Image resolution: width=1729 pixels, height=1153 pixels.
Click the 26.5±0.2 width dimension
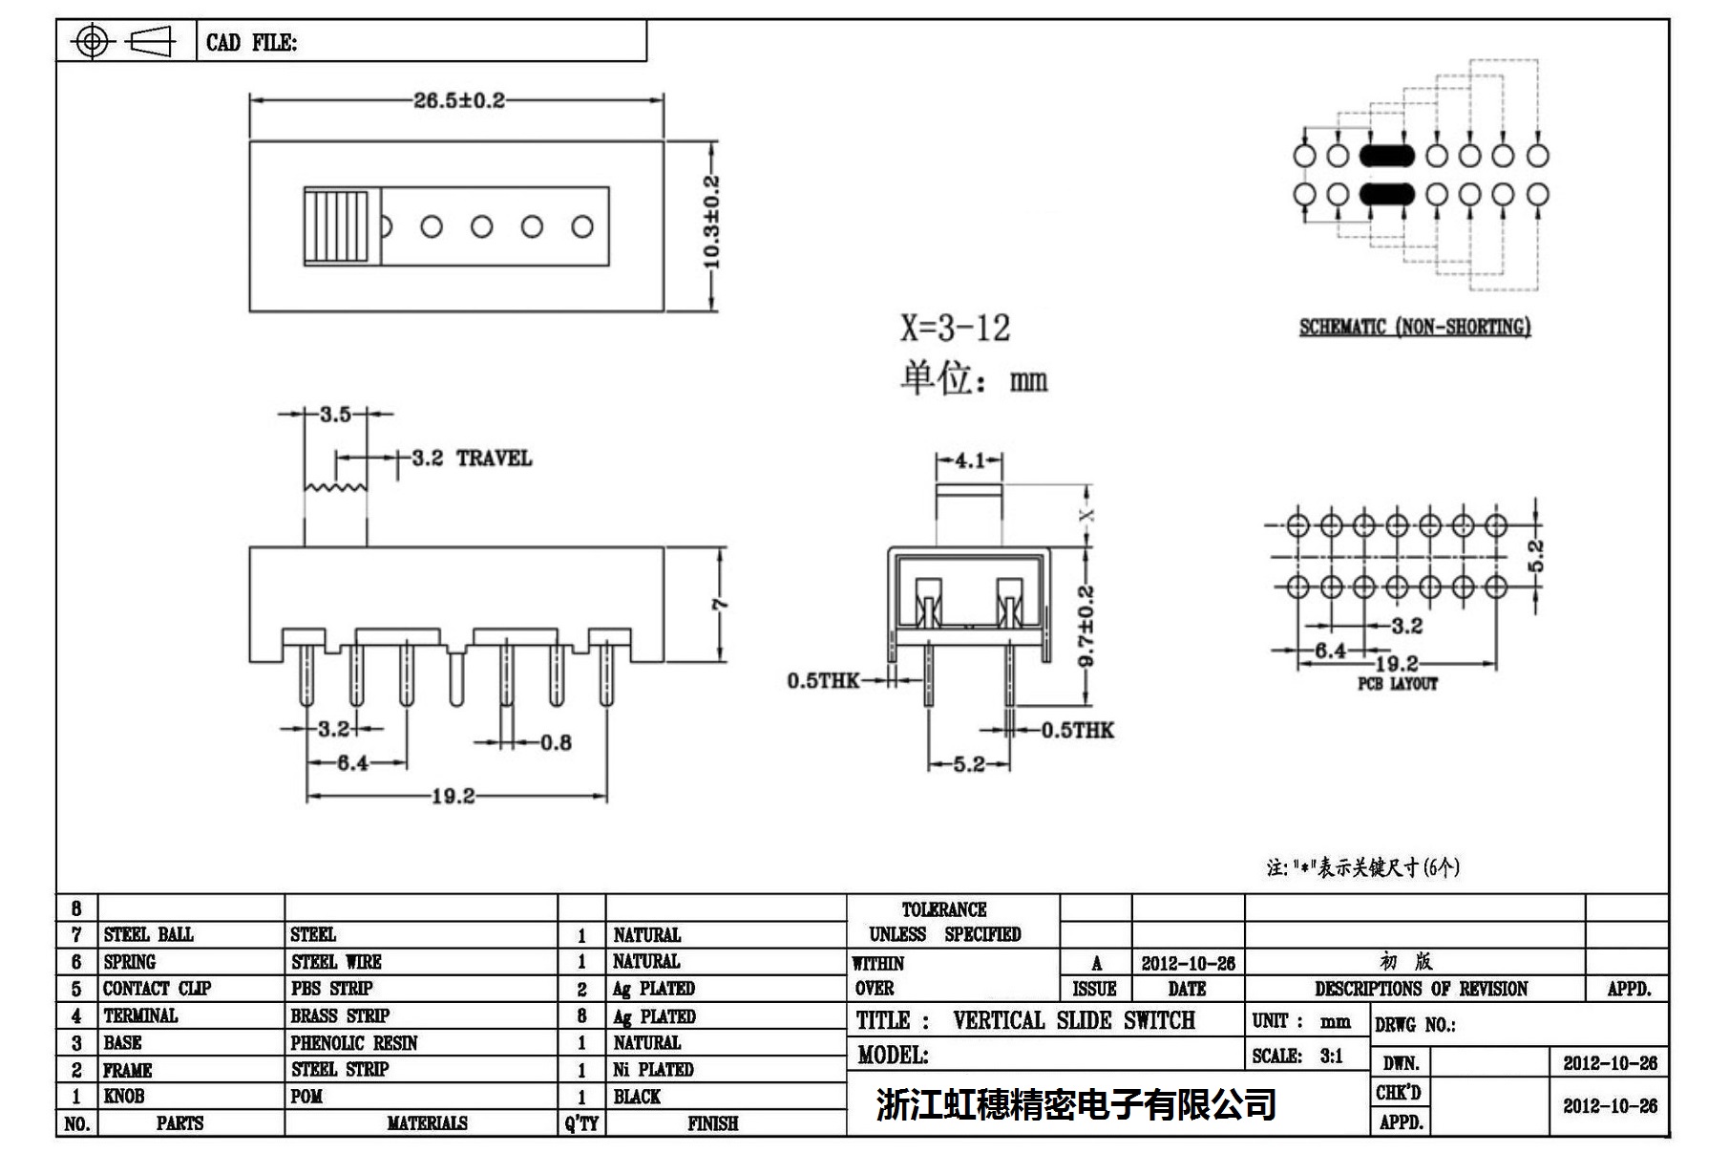point(458,100)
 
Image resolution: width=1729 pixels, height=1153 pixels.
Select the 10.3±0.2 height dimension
point(712,222)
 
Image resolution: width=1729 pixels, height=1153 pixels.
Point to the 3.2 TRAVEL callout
point(471,459)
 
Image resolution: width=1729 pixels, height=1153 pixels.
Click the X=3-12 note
point(954,329)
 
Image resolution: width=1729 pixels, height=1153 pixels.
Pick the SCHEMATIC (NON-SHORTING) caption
point(1414,328)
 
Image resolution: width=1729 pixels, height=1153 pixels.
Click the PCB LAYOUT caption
point(1397,684)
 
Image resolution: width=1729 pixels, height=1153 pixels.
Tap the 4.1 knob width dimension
point(969,461)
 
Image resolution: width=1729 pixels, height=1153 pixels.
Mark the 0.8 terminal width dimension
point(556,742)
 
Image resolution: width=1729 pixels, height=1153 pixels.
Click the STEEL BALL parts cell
point(148,934)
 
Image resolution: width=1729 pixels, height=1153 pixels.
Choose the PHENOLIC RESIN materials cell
point(354,1042)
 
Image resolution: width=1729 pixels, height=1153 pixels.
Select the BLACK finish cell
point(637,1097)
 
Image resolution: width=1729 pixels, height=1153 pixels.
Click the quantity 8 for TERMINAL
point(581,1015)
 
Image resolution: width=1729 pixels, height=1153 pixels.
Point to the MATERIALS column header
point(427,1123)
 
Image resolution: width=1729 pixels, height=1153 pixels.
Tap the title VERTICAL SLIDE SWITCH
point(1073,1020)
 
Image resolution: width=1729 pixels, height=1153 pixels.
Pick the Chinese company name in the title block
point(1076,1104)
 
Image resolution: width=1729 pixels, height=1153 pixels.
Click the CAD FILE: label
point(251,43)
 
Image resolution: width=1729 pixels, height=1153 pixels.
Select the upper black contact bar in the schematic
point(1386,155)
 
